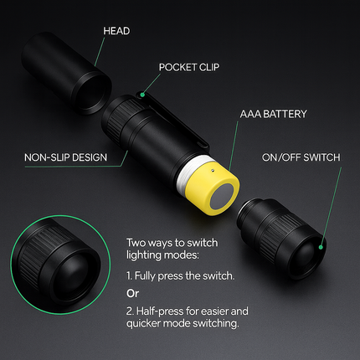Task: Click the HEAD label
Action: [117, 31]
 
